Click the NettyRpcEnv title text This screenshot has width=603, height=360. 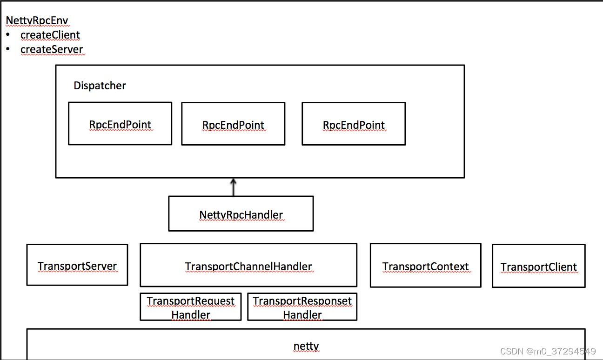(37, 21)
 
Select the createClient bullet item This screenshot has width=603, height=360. (50, 35)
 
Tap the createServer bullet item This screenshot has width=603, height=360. (52, 50)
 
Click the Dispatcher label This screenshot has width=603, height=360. (100, 86)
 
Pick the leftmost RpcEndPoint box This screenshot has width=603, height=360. (120, 124)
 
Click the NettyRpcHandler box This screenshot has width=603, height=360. (241, 214)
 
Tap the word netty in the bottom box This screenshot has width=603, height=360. (306, 346)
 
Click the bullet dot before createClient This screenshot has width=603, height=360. (8, 35)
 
